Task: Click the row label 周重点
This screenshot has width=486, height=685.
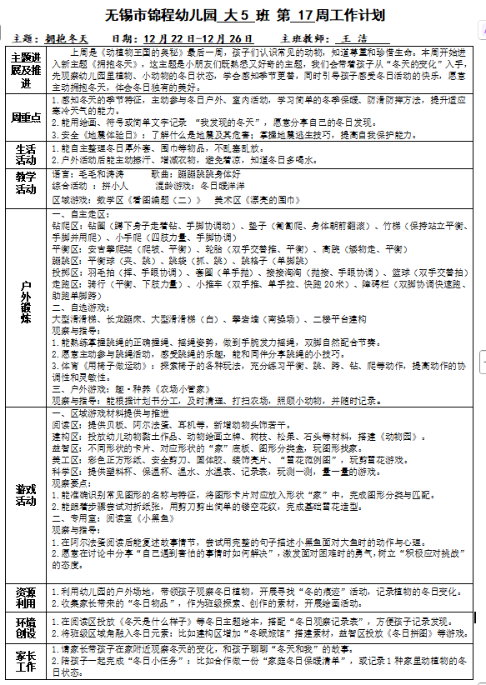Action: (26, 117)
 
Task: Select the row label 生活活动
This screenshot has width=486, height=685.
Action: (26, 153)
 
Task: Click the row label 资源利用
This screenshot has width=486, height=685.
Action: (26, 597)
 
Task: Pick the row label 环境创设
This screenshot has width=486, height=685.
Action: (26, 627)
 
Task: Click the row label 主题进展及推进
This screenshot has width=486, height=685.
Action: (26, 71)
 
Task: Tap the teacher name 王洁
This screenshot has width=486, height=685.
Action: (354, 39)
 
